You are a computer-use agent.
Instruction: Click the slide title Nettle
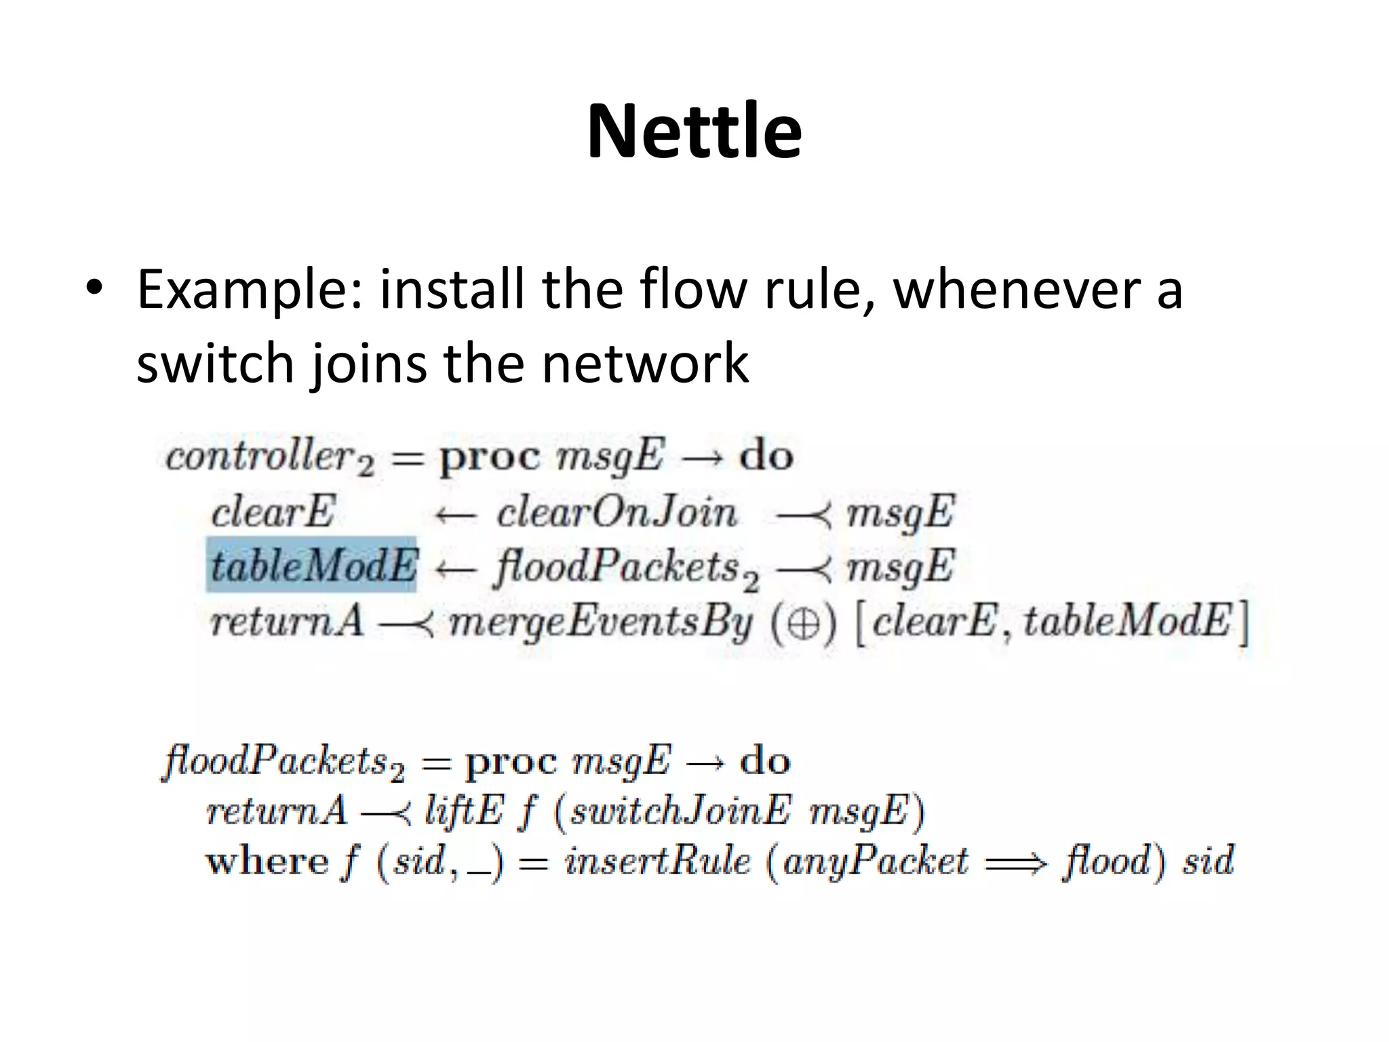pyautogui.click(x=694, y=131)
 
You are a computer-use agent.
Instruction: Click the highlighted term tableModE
pyautogui.click(x=311, y=565)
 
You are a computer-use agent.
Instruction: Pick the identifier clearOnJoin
pyautogui.click(x=617, y=512)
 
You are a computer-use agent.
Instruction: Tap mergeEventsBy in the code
pyautogui.click(x=601, y=623)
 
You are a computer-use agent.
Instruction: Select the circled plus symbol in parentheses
pyautogui.click(x=804, y=623)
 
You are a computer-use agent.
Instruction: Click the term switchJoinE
pyautogui.click(x=680, y=811)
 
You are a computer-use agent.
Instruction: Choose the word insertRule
pyautogui.click(x=657, y=862)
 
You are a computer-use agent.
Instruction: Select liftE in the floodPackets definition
pyautogui.click(x=464, y=811)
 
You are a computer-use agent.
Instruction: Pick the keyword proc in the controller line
pyautogui.click(x=490, y=457)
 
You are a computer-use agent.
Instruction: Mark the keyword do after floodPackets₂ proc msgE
pyautogui.click(x=765, y=761)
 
